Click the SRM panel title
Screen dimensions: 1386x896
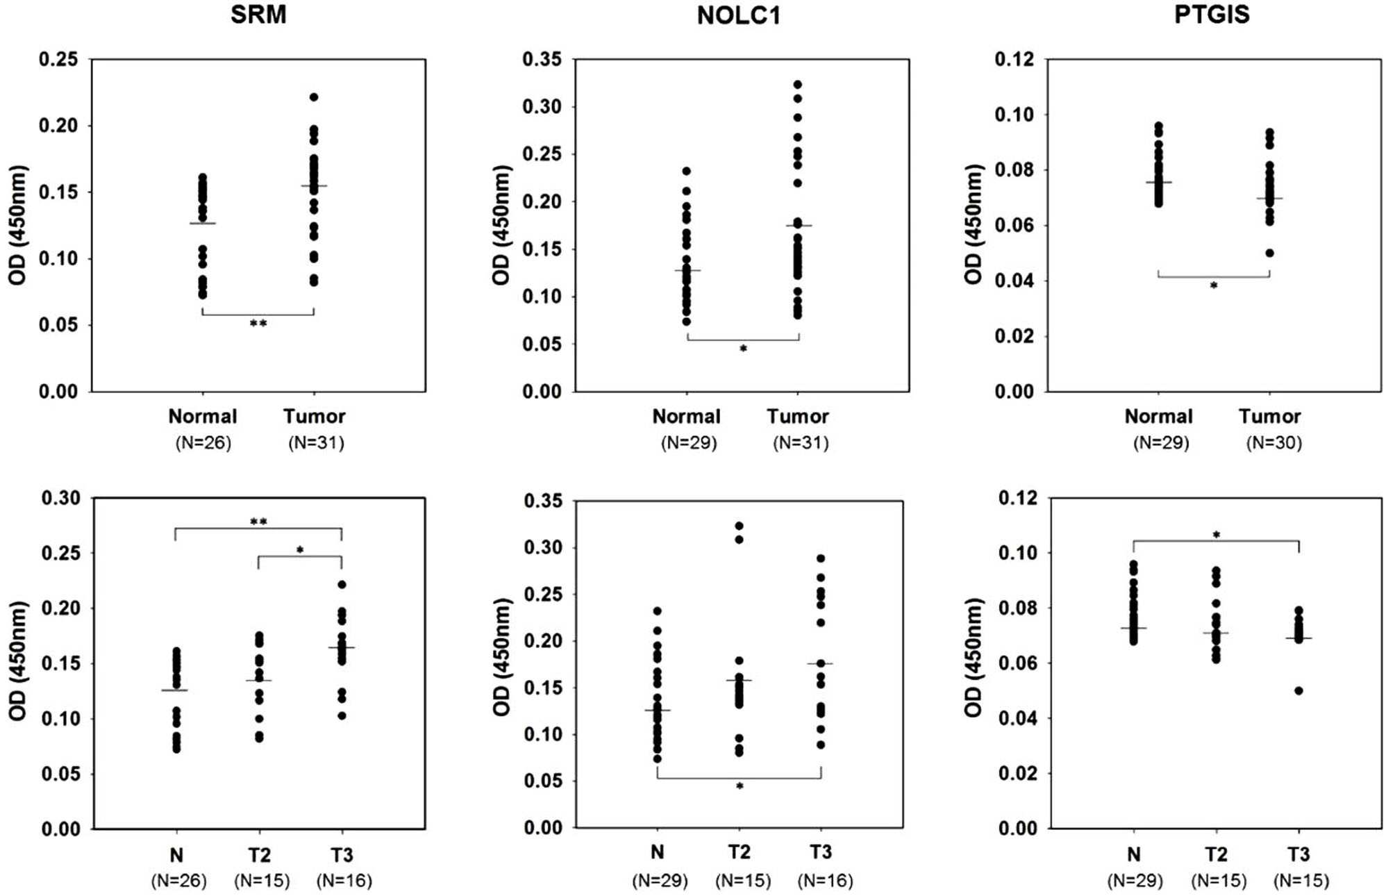pos(258,15)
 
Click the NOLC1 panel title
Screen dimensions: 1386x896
pos(739,15)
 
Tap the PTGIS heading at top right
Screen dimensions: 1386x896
pos(1212,15)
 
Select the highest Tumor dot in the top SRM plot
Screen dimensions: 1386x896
pos(314,97)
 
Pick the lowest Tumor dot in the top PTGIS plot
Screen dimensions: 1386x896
pos(1270,253)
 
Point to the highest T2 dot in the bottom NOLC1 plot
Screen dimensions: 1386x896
pos(740,526)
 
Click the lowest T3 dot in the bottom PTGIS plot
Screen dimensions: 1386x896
pos(1299,690)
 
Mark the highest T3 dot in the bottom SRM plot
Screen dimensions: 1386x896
pos(342,585)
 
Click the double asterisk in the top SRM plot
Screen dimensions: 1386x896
pos(258,324)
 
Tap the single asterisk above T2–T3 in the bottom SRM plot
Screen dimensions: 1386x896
pos(300,550)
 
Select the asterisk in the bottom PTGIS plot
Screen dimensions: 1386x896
pos(1217,535)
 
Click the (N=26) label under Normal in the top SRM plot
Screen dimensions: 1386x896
pos(203,442)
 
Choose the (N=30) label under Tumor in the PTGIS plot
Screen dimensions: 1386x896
pos(1274,442)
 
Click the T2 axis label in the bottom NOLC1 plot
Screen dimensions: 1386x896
pos(740,852)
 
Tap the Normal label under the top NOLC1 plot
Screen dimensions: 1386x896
pos(686,416)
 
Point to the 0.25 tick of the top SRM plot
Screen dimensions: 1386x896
pos(58,59)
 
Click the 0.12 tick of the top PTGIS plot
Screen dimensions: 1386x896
pos(1015,59)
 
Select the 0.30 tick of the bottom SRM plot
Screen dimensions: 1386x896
pos(61,498)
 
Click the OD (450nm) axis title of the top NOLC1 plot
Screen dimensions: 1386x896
pos(501,225)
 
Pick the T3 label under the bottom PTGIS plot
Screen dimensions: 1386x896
pos(1299,854)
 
